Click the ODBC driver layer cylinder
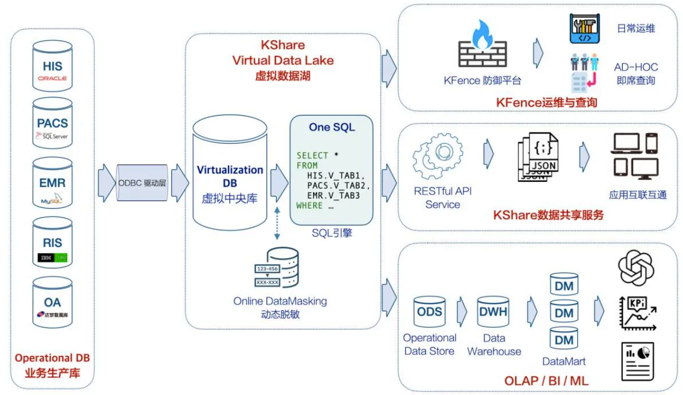142,183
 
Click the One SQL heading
331,127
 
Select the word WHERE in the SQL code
309,206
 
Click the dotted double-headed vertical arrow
277,223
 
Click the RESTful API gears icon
438,156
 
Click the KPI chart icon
637,313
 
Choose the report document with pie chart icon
637,361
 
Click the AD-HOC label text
636,67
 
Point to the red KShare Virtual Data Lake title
283,53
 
